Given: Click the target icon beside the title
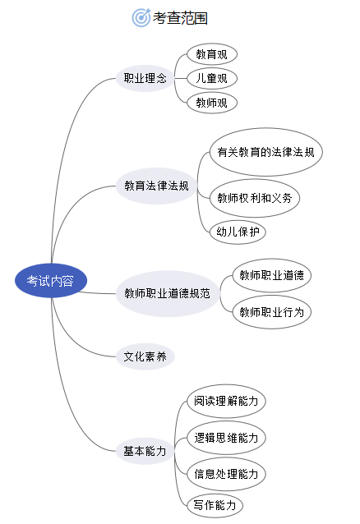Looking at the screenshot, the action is tap(141, 17).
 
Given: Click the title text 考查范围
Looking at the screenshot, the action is tap(180, 18).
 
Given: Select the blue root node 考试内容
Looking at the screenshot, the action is tap(51, 281).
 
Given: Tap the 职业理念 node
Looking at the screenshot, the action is tap(145, 79).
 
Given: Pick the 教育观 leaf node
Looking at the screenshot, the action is tap(212, 54).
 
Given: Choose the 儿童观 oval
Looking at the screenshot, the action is tap(212, 79).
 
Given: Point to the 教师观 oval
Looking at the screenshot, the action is tap(212, 103).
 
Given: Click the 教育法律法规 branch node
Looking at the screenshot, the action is tap(156, 186).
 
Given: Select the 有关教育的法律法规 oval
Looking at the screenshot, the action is tap(266, 152).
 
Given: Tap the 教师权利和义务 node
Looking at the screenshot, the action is tap(254, 198).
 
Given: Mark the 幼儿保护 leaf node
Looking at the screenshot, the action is tap(238, 232).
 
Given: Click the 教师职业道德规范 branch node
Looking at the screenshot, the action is tap(168, 294).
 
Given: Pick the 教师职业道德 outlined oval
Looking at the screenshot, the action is tap(271, 275).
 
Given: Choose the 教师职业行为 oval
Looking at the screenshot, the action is tap(271, 312).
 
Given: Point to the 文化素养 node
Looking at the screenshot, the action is tap(145, 356).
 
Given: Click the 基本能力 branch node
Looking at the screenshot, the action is tap(145, 451).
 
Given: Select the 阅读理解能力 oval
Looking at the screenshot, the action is tap(226, 401).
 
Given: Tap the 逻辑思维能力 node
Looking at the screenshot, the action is tap(226, 438).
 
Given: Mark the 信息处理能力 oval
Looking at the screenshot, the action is tap(226, 474).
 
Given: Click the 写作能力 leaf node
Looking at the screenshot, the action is tap(215, 505).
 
